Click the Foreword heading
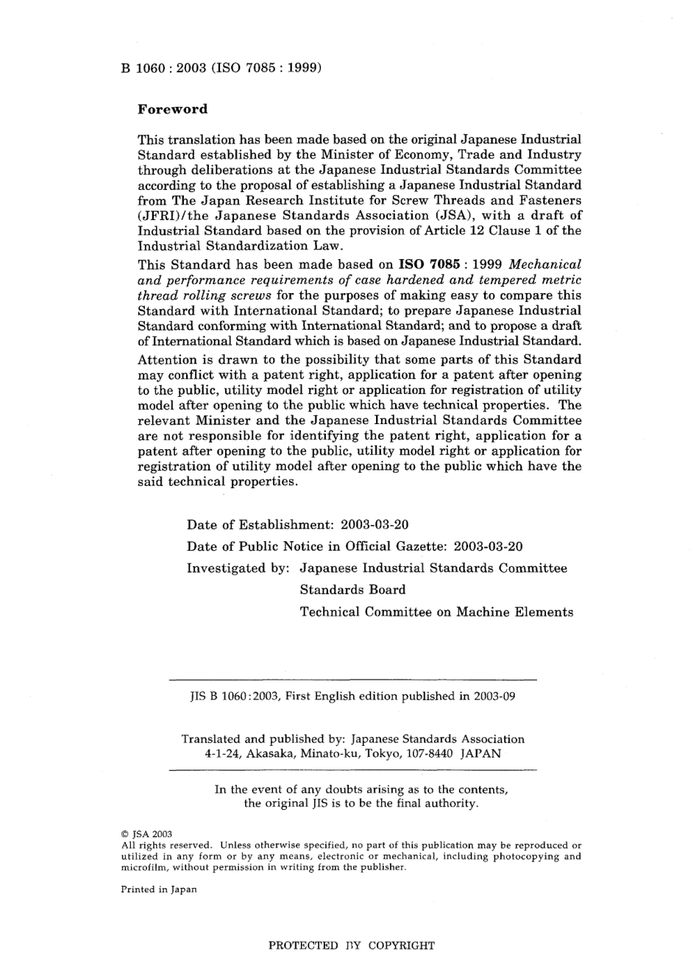tap(173, 110)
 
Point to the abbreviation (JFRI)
tap(163, 215)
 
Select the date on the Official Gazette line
tap(489, 546)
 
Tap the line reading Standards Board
tap(352, 590)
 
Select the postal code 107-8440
tap(430, 753)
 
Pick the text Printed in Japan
tap(158, 889)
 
